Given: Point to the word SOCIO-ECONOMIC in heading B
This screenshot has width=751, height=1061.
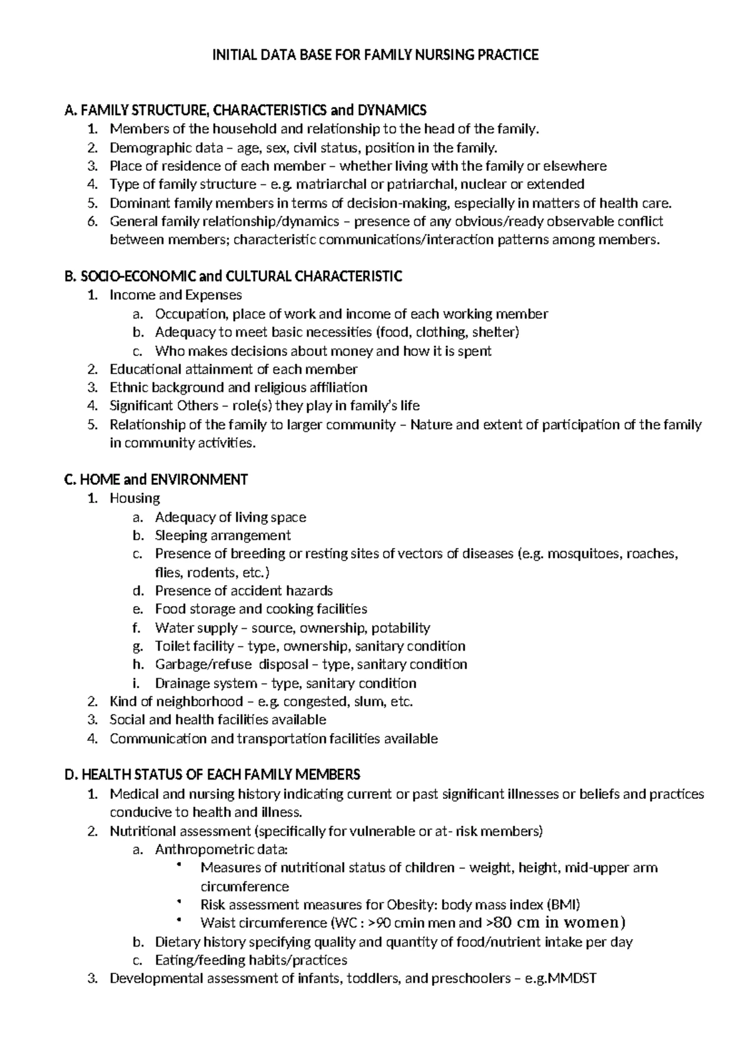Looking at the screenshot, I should (138, 277).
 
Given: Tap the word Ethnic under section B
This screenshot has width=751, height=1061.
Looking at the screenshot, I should (128, 388).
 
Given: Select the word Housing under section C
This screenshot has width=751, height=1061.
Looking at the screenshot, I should (135, 499).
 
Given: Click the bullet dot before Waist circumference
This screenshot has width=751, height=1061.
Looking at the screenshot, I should (179, 920).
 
